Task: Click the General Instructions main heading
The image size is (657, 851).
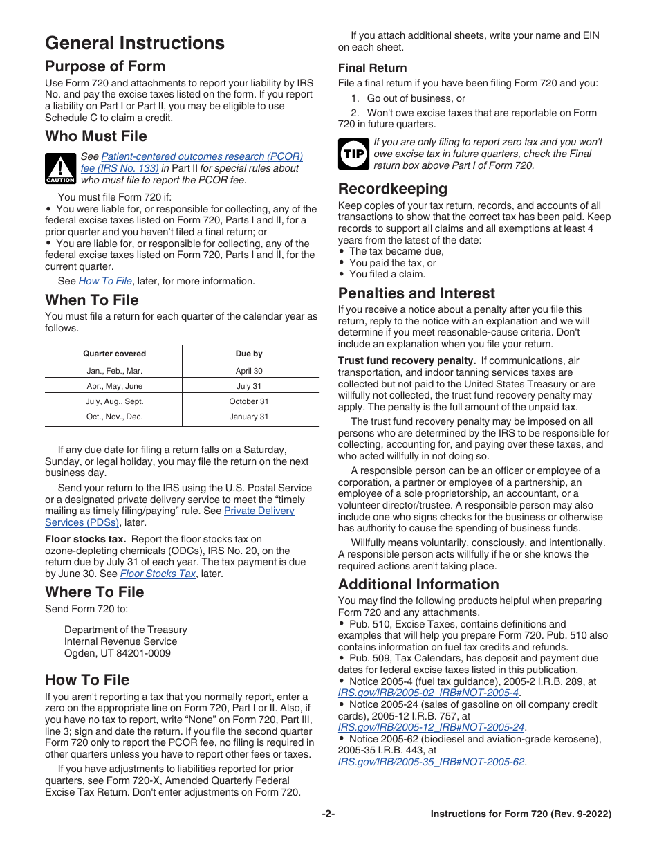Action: (x=135, y=43)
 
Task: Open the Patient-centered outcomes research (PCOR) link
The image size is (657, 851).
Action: (x=201, y=157)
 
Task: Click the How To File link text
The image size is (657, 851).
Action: (x=105, y=281)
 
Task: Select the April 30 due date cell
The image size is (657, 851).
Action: (x=249, y=371)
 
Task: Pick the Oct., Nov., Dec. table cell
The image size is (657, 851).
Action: (x=114, y=417)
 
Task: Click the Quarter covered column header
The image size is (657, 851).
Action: (x=114, y=354)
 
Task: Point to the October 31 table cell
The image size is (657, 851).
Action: (x=249, y=401)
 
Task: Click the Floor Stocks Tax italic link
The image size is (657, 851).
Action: (x=158, y=574)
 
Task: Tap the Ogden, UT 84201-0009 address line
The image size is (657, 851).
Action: (x=118, y=653)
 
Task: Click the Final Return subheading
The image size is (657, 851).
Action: (x=372, y=68)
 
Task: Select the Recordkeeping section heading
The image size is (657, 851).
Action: (x=392, y=188)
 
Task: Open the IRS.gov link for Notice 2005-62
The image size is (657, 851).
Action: (x=431, y=762)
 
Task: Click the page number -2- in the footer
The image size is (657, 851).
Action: (x=328, y=814)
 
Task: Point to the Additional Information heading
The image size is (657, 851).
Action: (x=418, y=584)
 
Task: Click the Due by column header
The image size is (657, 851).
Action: (x=249, y=354)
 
